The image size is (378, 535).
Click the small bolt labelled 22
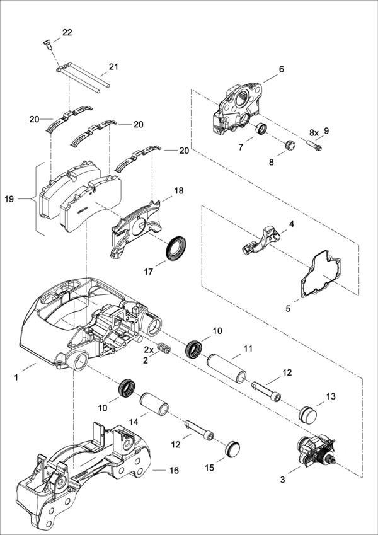[x=47, y=45]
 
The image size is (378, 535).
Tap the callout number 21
[x=113, y=67]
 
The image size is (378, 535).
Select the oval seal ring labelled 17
[x=176, y=248]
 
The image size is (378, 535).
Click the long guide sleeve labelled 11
[x=227, y=368]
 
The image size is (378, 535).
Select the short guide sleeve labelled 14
[x=155, y=404]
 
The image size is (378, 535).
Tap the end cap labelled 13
[x=307, y=414]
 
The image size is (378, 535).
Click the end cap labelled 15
[x=232, y=447]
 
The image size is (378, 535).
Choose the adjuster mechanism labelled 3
[x=316, y=451]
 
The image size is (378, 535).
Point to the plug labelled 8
[x=290, y=145]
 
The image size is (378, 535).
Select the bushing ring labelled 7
[x=262, y=129]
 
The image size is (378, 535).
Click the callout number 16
[x=174, y=471]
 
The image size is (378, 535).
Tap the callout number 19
[x=9, y=199]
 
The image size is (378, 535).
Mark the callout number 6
[x=282, y=69]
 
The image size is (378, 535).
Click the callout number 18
[x=178, y=191]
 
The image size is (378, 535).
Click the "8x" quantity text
[x=314, y=132]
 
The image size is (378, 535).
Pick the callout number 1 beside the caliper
[x=16, y=377]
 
